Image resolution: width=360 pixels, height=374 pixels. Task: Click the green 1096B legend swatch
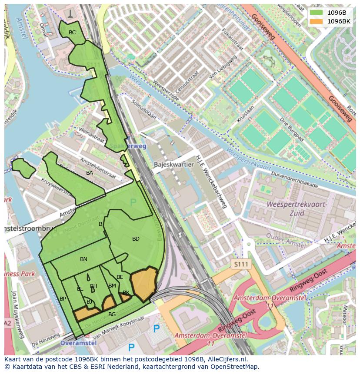click(317, 13)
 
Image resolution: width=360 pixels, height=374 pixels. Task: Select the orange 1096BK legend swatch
click(317, 21)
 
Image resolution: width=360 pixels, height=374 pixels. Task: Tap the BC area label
click(72, 33)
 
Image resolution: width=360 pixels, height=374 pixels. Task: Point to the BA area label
click(90, 173)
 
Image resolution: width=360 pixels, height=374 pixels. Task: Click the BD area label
click(136, 239)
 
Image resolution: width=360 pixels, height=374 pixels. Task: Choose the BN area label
click(83, 259)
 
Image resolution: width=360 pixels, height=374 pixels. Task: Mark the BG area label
click(112, 314)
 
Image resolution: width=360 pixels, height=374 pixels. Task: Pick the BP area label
click(63, 299)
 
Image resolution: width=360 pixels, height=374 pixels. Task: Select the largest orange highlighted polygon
click(144, 283)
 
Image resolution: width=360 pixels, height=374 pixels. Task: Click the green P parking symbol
click(133, 202)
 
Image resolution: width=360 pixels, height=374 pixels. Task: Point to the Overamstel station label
click(78, 343)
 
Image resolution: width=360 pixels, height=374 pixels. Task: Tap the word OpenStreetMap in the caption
click(233, 367)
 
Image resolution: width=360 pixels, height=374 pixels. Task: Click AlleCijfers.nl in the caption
click(226, 359)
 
